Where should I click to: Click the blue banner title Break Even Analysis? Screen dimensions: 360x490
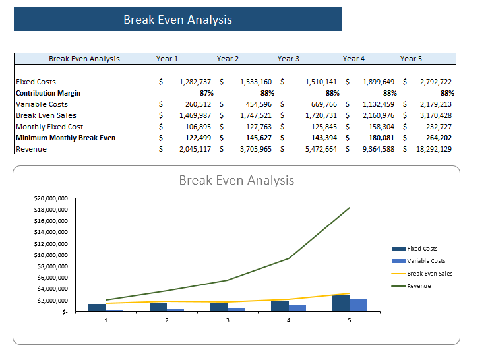[x=177, y=20]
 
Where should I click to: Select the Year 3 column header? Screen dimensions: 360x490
[x=288, y=59]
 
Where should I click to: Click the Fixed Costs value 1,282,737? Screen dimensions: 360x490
[x=195, y=82]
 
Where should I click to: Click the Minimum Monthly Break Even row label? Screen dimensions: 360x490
[x=65, y=138]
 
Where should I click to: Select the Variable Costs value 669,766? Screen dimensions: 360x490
[x=322, y=104]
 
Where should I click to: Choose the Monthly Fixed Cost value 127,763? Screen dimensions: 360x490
[x=258, y=127]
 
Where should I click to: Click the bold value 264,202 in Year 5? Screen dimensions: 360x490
[x=438, y=138]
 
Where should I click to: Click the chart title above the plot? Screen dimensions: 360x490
[x=236, y=180]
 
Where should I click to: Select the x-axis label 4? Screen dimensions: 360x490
[x=288, y=320]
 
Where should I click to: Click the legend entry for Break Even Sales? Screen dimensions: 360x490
[x=429, y=273]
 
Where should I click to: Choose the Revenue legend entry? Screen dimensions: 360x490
[x=419, y=285]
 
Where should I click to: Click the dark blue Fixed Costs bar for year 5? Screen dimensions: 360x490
[x=340, y=303]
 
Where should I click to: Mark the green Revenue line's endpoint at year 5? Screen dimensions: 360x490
[x=350, y=208]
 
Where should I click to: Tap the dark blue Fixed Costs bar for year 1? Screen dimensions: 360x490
[x=97, y=307]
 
